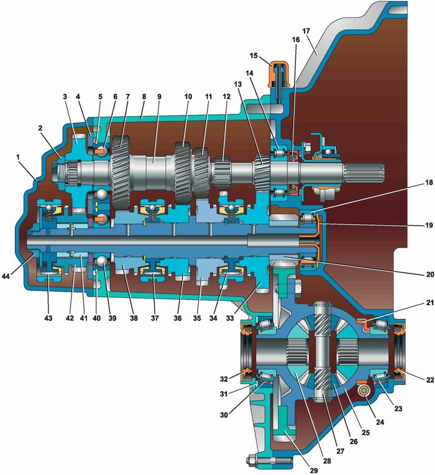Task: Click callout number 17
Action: pos(306,31)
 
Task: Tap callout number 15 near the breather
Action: pos(254,56)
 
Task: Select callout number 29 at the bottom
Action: pos(314,470)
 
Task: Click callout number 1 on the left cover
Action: pos(18,157)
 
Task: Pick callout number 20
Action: pos(430,274)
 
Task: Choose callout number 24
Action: pos(380,422)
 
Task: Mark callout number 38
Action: pos(134,318)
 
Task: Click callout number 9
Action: pos(159,97)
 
